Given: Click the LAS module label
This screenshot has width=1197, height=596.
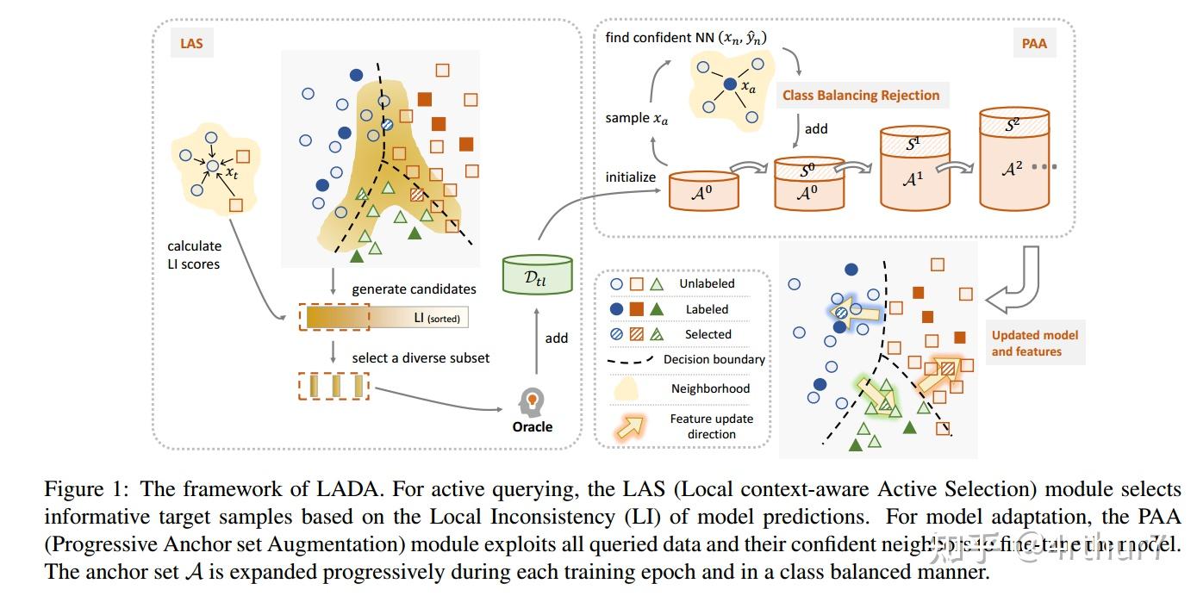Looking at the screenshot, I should pyautogui.click(x=191, y=41).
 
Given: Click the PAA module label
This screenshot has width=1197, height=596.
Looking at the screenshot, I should pyautogui.click(x=1033, y=41).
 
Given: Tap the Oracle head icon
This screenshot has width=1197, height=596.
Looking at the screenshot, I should pyautogui.click(x=532, y=401).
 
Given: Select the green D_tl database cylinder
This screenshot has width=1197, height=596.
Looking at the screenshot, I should pyautogui.click(x=536, y=275).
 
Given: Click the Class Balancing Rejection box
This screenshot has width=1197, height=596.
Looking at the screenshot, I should pyautogui.click(x=860, y=96).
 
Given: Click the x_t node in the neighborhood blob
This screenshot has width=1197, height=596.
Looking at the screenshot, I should pyautogui.click(x=213, y=165).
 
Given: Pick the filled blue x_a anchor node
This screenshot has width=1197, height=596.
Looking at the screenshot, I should pyautogui.click(x=730, y=84).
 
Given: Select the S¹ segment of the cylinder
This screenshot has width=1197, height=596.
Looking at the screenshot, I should pyautogui.click(x=913, y=144).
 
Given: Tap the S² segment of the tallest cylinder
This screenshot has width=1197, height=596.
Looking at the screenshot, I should pyautogui.click(x=1013, y=125).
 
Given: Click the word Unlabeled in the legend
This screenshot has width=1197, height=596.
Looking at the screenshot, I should pyautogui.click(x=707, y=283).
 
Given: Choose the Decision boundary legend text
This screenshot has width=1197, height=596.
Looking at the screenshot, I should pyautogui.click(x=714, y=359).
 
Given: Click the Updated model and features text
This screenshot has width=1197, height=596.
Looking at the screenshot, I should pyautogui.click(x=1034, y=343).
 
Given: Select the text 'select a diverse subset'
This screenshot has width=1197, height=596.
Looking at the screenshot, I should pyautogui.click(x=421, y=357).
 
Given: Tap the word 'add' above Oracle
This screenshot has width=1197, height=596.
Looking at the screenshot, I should pyautogui.click(x=557, y=338).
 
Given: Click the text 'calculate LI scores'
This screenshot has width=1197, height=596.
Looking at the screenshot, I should pyautogui.click(x=194, y=255).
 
